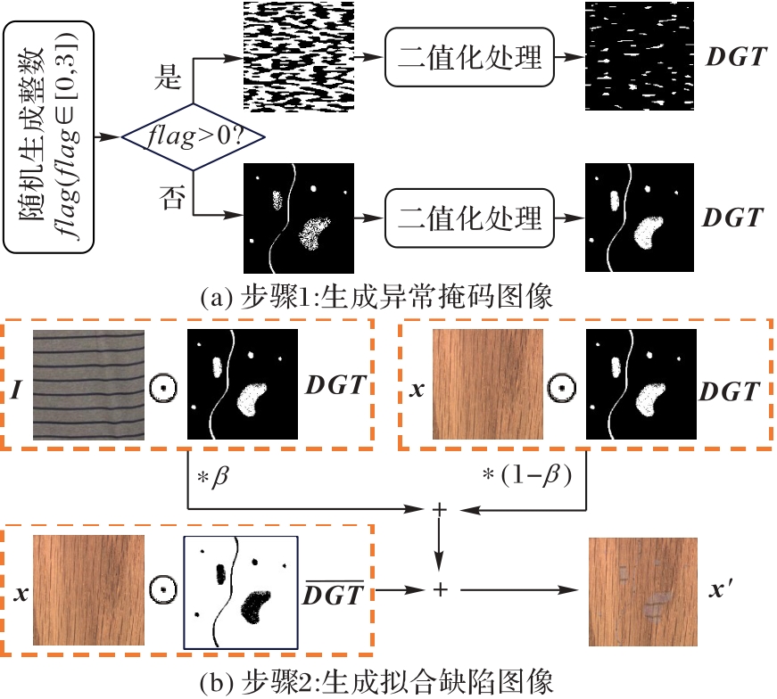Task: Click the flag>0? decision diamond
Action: [185, 137]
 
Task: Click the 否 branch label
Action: [169, 198]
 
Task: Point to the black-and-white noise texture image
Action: [299, 56]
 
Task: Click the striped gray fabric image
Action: [88, 383]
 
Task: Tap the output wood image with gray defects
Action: [643, 590]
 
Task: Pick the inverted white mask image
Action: [240, 590]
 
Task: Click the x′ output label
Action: [722, 590]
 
